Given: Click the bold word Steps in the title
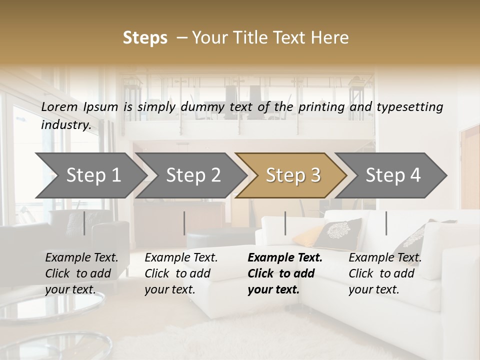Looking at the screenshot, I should [x=145, y=38].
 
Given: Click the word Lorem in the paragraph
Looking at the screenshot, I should [x=59, y=106].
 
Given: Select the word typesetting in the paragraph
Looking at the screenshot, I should [x=409, y=107].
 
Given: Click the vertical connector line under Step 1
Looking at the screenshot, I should [x=84, y=223].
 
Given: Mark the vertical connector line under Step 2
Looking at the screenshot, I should [x=184, y=223].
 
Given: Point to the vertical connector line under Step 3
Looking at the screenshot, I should [x=285, y=223].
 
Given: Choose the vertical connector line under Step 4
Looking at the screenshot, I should [x=386, y=223].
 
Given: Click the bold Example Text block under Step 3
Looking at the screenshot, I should [x=285, y=273].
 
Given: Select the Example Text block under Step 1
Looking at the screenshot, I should [x=81, y=273].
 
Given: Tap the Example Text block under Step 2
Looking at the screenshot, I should [x=181, y=273].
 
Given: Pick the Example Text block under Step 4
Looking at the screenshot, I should [x=385, y=273].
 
